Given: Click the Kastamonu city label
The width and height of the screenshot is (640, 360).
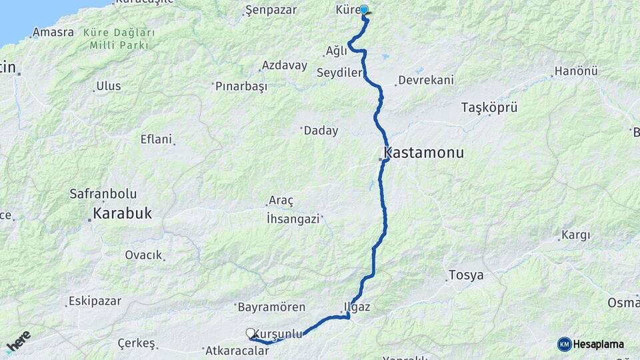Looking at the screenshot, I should click(x=423, y=153).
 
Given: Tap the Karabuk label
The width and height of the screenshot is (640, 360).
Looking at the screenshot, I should click(x=123, y=214).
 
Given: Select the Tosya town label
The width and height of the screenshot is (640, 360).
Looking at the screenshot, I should click(x=466, y=275).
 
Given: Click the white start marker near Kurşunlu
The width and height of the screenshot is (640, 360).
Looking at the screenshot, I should click(x=251, y=333).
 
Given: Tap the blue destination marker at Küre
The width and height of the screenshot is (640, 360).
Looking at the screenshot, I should click(x=364, y=10).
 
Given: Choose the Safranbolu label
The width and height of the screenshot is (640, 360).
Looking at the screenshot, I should click(x=103, y=194).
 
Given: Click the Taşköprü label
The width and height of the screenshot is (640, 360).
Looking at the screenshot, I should click(x=489, y=107).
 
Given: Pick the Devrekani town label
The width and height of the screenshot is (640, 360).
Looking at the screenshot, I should click(x=425, y=80).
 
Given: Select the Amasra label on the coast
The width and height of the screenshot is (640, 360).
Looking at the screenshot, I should click(x=53, y=32).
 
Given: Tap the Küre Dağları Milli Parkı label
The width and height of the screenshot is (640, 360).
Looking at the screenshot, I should click(x=120, y=39).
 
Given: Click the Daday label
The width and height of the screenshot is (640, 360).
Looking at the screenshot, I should click(x=321, y=131).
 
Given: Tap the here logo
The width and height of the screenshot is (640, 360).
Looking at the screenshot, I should click(x=18, y=341).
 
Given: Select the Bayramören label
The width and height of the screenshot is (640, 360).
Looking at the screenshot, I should click(x=271, y=307).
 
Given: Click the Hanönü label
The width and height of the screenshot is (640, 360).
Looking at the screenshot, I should click(x=576, y=71).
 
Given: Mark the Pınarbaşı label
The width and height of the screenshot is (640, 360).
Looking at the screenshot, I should click(x=241, y=86).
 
